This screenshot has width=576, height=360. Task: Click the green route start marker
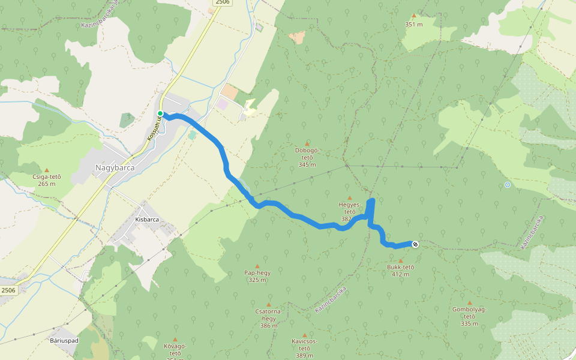(160, 113)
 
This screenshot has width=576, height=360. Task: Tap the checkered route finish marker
(415, 244)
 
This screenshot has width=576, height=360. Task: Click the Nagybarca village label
(115, 167)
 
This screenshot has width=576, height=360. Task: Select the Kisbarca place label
(147, 220)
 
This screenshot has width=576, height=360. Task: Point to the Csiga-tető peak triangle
(46, 170)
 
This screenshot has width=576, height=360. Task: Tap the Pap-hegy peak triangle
(257, 266)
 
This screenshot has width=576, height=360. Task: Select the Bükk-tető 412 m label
(401, 271)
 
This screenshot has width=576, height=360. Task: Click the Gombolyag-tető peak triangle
(469, 303)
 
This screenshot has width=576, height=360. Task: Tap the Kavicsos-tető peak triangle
(304, 335)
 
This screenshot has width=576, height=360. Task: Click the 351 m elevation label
(414, 25)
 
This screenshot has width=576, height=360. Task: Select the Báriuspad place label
(64, 340)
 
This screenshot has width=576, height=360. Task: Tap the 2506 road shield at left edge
(8, 290)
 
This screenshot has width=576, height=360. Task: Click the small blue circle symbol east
(508, 185)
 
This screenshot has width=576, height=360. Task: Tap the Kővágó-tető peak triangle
(175, 339)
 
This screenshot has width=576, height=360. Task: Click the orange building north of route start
(229, 92)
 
